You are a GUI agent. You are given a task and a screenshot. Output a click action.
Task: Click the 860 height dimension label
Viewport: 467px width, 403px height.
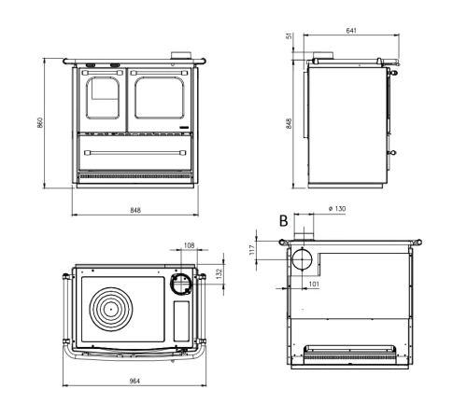pyautogui.click(x=39, y=122)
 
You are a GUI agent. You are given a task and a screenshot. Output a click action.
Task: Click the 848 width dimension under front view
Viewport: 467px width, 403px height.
pyautogui.click(x=135, y=210)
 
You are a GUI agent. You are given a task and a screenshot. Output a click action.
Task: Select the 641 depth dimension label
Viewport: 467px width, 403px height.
pyautogui.click(x=351, y=31)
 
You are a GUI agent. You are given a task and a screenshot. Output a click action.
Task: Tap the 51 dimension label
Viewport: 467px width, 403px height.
pyautogui.click(x=290, y=36)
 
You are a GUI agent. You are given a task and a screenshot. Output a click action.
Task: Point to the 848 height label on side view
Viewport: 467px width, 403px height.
pyautogui.click(x=289, y=123)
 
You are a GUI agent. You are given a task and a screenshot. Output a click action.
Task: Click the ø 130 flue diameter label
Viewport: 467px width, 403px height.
pyautogui.click(x=337, y=209)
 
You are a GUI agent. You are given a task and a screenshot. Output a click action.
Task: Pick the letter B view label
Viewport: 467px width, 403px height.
pyautogui.click(x=283, y=221)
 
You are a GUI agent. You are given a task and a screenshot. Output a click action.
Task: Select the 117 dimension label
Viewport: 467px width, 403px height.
pyautogui.click(x=252, y=250)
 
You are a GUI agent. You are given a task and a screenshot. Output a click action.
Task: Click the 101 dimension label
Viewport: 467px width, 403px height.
pyautogui.click(x=314, y=284)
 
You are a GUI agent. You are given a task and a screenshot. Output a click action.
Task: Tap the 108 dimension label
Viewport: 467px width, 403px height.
pyautogui.click(x=190, y=245)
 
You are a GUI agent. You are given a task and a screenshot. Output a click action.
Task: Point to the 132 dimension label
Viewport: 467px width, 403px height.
pyautogui.click(x=219, y=273)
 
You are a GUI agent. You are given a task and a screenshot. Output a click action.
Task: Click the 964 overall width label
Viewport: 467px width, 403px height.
pyautogui.click(x=134, y=381)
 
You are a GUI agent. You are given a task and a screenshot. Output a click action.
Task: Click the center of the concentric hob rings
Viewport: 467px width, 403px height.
pyautogui.click(x=110, y=309)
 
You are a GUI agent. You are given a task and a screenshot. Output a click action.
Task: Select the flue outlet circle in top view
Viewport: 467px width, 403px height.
pyautogui.click(x=181, y=284)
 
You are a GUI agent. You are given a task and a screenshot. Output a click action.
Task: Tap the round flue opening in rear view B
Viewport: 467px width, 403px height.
pyautogui.click(x=302, y=259)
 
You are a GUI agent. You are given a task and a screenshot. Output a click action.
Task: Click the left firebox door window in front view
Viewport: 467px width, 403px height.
pyautogui.click(x=103, y=98)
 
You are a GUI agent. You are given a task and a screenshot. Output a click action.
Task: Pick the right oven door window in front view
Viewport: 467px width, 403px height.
pyautogui.click(x=160, y=98)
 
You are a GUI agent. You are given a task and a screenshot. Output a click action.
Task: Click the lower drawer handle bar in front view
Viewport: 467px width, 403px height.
pyautogui.click(x=135, y=153)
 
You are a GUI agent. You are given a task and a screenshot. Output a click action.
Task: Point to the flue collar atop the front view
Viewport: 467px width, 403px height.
pyautogui.click(x=180, y=55)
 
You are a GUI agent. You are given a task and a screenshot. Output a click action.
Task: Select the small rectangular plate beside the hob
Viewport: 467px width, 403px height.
pyautogui.click(x=181, y=321)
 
